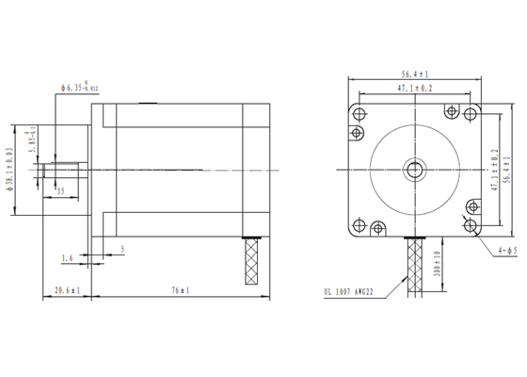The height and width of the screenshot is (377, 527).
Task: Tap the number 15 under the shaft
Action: (61, 191)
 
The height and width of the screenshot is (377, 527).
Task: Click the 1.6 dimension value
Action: (67, 256)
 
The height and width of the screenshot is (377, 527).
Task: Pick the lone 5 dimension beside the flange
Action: (122, 250)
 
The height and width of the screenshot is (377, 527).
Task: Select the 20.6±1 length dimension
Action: (67, 289)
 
